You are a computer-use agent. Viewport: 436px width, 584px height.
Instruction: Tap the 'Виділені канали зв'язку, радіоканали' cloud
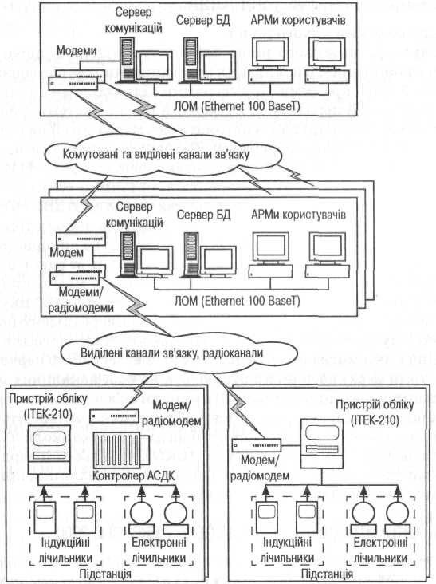pyautogui.click(x=178, y=353)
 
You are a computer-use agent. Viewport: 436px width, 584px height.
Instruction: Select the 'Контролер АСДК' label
pyautogui.click(x=134, y=475)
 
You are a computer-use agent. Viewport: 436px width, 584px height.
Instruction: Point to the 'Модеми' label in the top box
pyautogui.click(x=77, y=50)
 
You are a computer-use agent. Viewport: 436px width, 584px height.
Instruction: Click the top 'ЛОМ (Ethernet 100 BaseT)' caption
pyautogui.click(x=237, y=106)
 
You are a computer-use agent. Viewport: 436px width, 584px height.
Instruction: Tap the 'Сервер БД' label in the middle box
pyautogui.click(x=203, y=215)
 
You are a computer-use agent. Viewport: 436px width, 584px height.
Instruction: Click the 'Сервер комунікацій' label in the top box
pyautogui.click(x=134, y=20)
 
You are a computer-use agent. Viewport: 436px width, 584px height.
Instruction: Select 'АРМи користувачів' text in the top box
pyautogui.click(x=298, y=20)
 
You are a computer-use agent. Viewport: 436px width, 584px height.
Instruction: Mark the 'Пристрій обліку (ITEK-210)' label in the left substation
pyautogui.click(x=48, y=406)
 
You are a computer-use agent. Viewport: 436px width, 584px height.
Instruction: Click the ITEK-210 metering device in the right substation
pyautogui.click(x=322, y=444)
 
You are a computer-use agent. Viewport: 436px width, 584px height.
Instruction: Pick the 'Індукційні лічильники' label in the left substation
pyautogui.click(x=65, y=550)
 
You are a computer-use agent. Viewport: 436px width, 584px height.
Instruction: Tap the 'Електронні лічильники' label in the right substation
pyautogui.click(x=380, y=550)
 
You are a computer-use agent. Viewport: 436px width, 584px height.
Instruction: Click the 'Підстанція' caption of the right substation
pyautogui.click(x=327, y=574)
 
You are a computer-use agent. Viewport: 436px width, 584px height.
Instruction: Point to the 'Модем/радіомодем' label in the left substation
pyautogui.click(x=172, y=412)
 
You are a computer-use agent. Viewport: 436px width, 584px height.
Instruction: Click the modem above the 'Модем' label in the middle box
pyautogui.click(x=81, y=239)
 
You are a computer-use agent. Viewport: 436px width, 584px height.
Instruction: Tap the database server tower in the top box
pyautogui.click(x=191, y=60)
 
